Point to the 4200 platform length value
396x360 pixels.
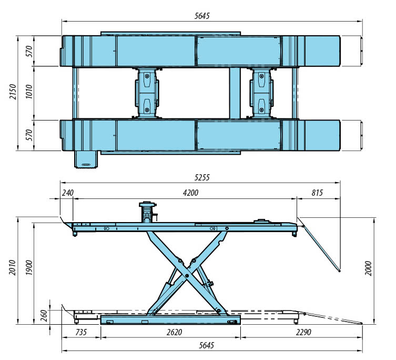click(190, 193)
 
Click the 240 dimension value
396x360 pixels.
click(68, 193)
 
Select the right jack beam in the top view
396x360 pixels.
click(261, 93)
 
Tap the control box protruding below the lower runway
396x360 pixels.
click(86, 159)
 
